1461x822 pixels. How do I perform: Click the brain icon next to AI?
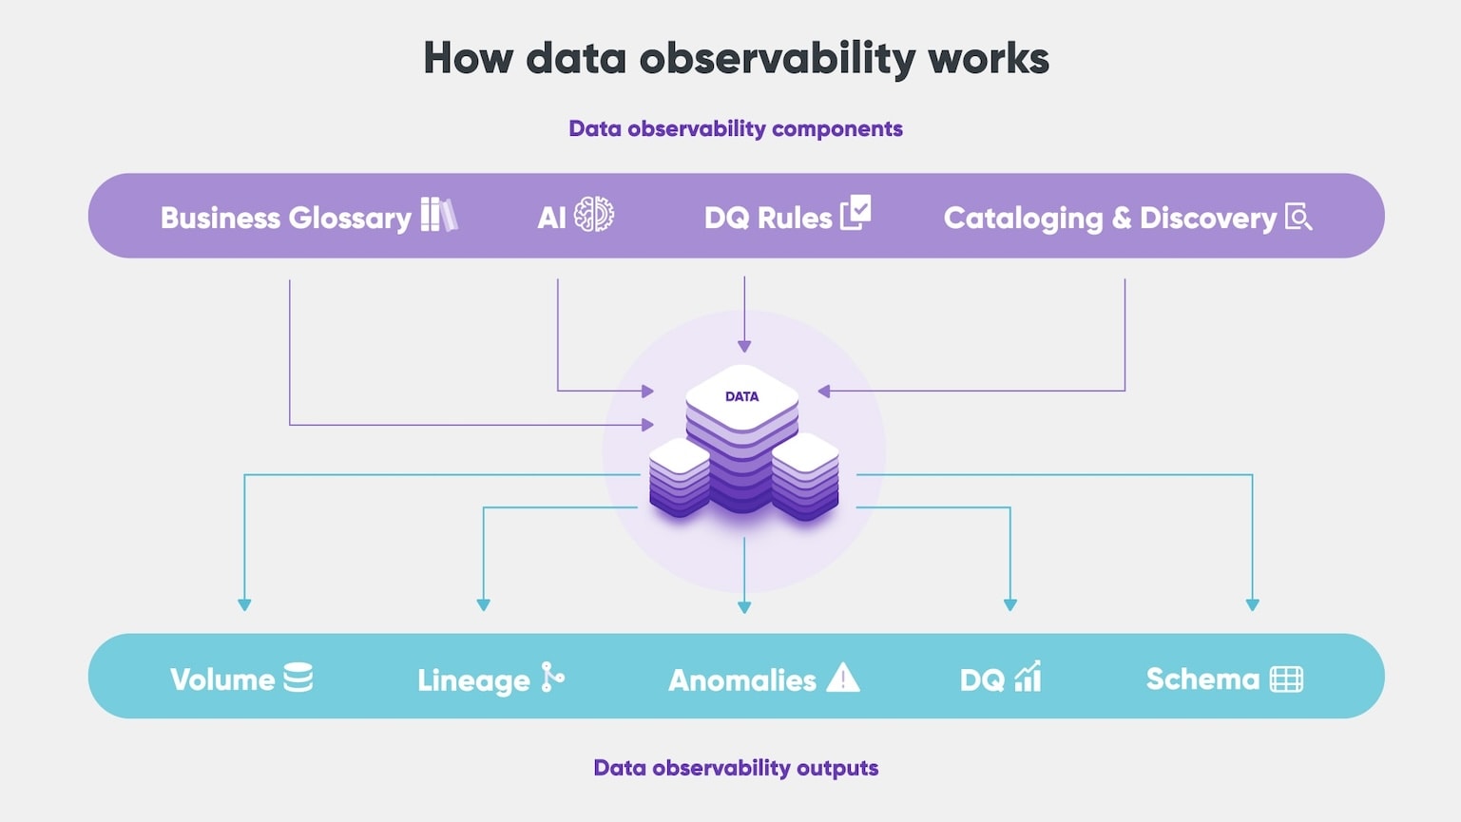coord(595,215)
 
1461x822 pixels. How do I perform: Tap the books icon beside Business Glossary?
coord(438,215)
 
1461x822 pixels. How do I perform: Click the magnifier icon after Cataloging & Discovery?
coord(1298,217)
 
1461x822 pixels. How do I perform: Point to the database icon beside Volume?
coord(298,678)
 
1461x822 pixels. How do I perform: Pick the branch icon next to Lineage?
coord(552,678)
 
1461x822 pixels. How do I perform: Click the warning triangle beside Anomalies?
coord(842,678)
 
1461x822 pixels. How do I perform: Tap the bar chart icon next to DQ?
coord(1028,677)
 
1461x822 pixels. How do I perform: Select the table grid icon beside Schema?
coord(1286,679)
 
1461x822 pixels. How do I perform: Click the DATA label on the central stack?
coord(741,396)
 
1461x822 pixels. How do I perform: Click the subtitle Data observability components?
coord(736,128)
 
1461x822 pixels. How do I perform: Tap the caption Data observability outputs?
coord(736,768)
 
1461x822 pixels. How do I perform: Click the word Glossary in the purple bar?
coord(349,219)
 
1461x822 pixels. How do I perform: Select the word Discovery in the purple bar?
coord(1207,219)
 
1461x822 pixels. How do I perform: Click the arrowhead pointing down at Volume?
coord(244,604)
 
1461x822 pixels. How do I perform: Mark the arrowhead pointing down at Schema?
coord(1252,604)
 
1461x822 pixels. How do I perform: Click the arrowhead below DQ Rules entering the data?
coord(744,346)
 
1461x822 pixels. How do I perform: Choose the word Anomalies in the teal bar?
coord(742,680)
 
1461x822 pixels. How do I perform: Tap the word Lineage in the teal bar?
coord(473,680)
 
